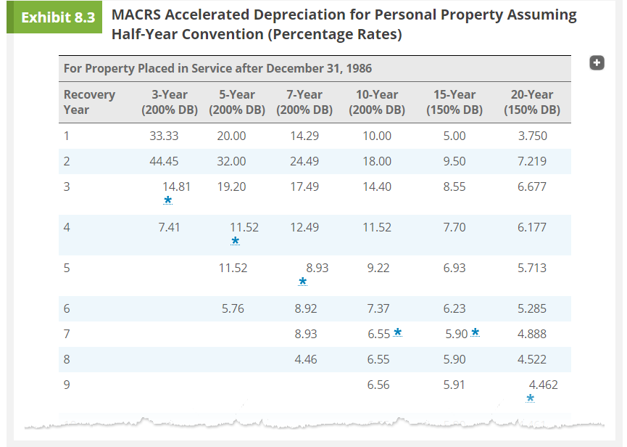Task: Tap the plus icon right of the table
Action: pyautogui.click(x=597, y=63)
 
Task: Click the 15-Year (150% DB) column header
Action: pyautogui.click(x=454, y=102)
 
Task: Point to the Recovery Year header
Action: pyautogui.click(x=88, y=102)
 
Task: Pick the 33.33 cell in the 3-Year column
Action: pyautogui.click(x=164, y=136)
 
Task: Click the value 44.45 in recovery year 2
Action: pyautogui.click(x=164, y=161)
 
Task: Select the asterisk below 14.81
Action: pyautogui.click(x=168, y=200)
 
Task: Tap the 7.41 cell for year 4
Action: pyautogui.click(x=169, y=227)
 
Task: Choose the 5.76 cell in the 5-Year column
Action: pyautogui.click(x=233, y=308)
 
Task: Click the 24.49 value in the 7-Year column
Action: pyautogui.click(x=304, y=161)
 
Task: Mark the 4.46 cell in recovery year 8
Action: pyautogui.click(x=304, y=359)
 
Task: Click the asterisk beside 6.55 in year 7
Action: pyautogui.click(x=398, y=333)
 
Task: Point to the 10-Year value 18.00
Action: pyautogui.click(x=377, y=161)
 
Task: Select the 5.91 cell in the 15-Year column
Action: pyautogui.click(x=454, y=385)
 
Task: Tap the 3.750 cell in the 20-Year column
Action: pyautogui.click(x=532, y=136)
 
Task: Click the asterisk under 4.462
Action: pyautogui.click(x=531, y=398)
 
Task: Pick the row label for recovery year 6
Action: pyautogui.click(x=67, y=308)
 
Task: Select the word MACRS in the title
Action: pyautogui.click(x=136, y=15)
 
